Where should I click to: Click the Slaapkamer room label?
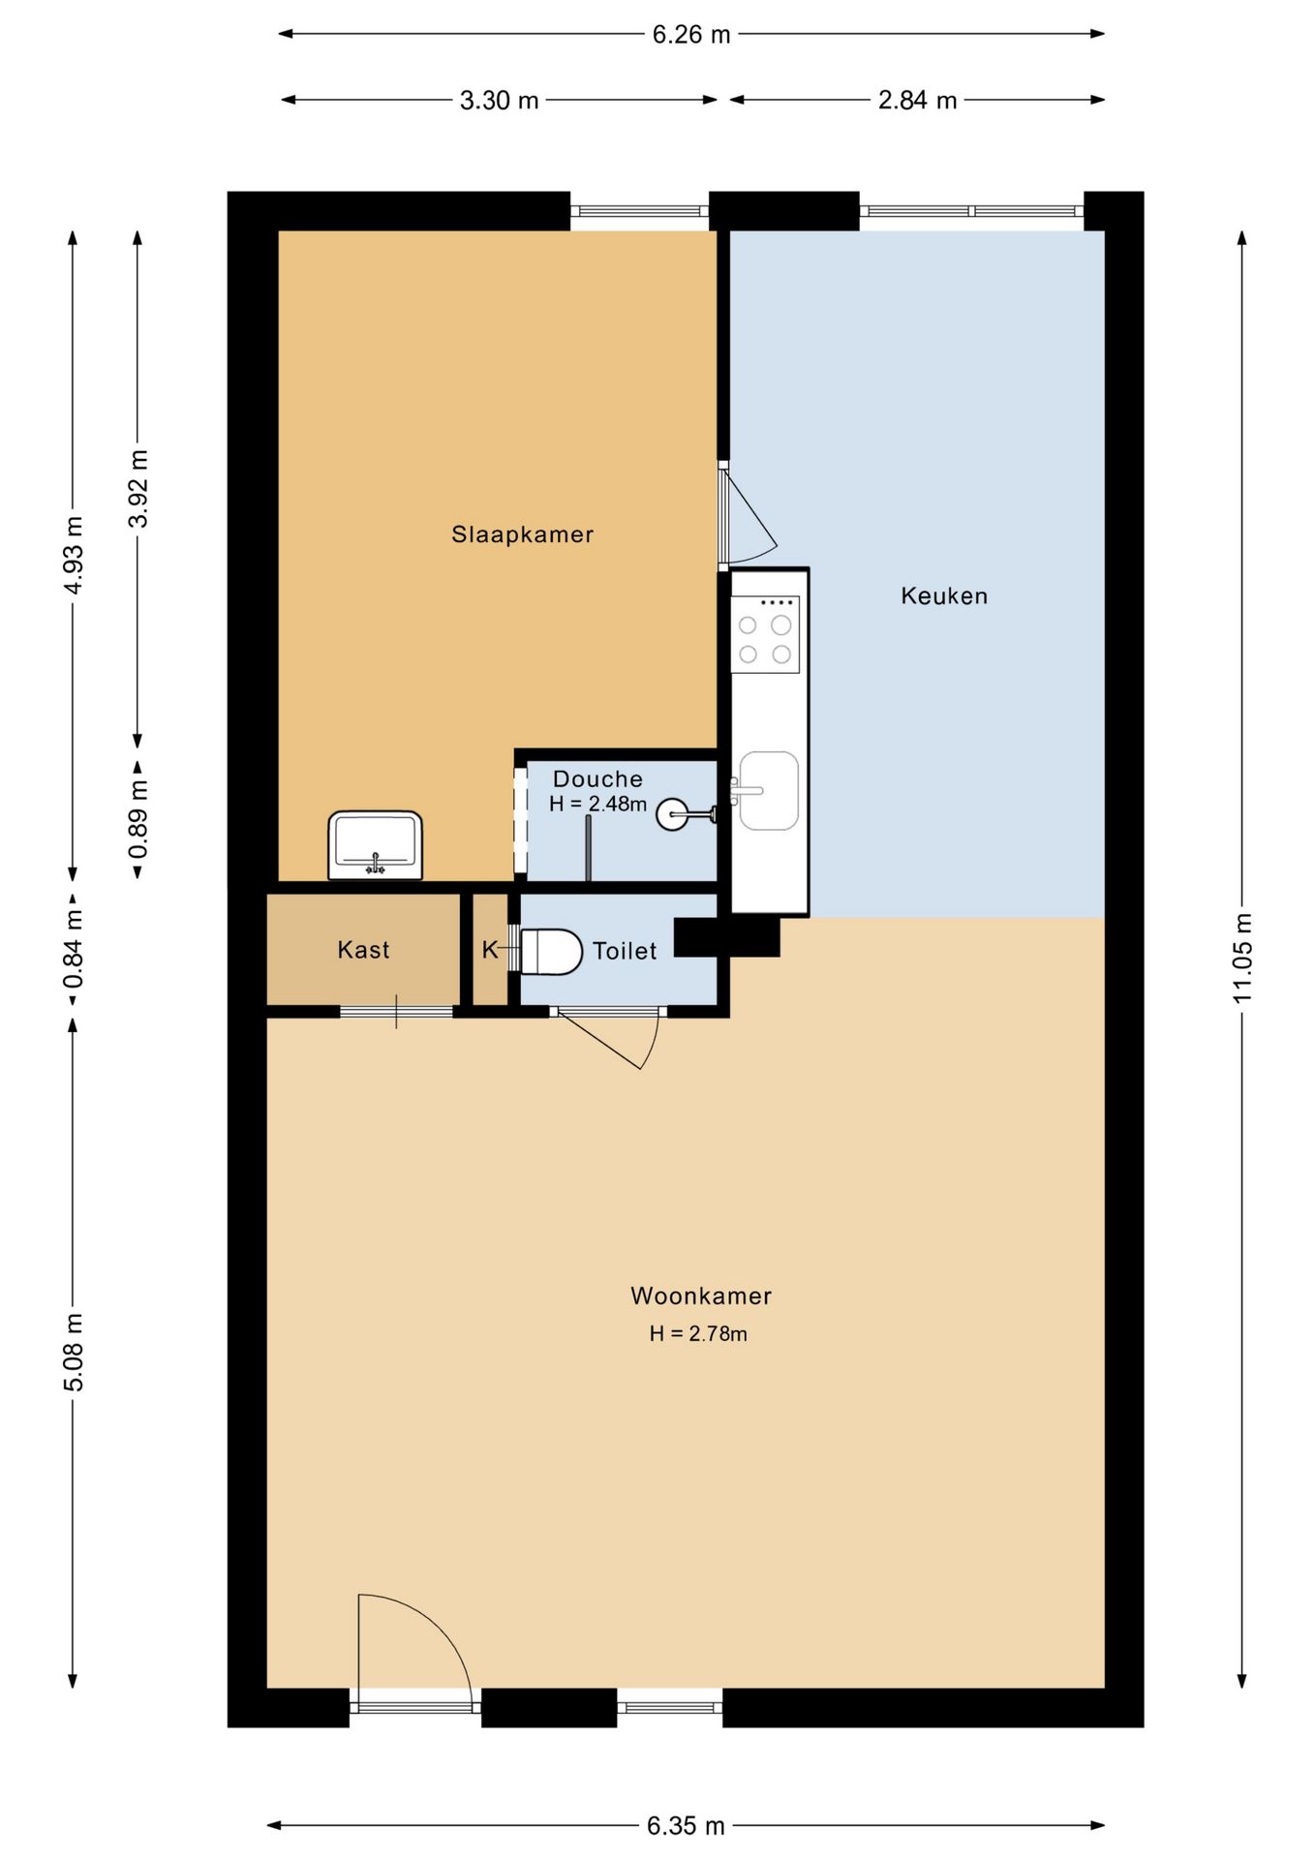coord(522,534)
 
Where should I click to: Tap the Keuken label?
coord(944,595)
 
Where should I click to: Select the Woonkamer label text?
coord(701,1295)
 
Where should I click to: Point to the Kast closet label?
coord(363,950)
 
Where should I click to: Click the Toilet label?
coord(625,951)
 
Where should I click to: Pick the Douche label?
coord(597,778)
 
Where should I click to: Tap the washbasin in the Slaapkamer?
coord(376,845)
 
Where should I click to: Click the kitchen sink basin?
coord(769,791)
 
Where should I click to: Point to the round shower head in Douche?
coord(672,814)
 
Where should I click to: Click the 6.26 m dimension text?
coord(690,35)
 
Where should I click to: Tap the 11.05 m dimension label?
coord(1242,958)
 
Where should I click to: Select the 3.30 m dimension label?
coord(499,101)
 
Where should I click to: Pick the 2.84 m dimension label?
coord(917,101)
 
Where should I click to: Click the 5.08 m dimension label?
coord(74,1353)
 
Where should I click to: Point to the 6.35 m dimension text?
coord(686,1826)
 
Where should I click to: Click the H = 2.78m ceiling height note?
coord(698,1333)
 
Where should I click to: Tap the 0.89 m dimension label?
coord(138,819)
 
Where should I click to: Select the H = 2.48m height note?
coord(597,804)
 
